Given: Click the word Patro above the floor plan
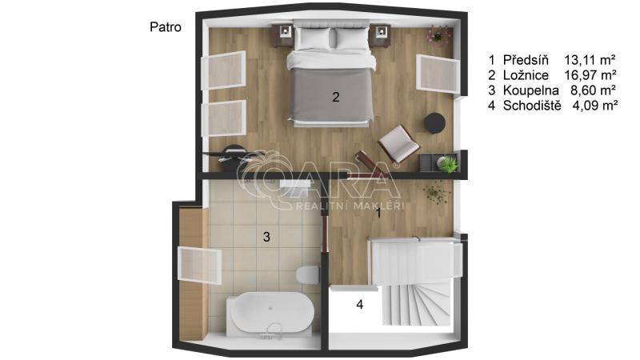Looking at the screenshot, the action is [166, 27].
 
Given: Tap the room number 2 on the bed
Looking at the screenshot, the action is [335, 97].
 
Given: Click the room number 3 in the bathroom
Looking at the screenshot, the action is [266, 237].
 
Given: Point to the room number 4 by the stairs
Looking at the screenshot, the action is [359, 305].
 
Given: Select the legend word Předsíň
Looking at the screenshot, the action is [526, 60].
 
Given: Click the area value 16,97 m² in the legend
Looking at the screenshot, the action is [590, 75].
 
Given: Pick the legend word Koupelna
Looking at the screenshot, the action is [530, 90].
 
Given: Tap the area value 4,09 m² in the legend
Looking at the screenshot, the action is [594, 106].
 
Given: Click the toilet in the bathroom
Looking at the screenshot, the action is [308, 274].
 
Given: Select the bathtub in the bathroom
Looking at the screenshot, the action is [270, 314].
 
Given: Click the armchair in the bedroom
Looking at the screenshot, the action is [398, 143].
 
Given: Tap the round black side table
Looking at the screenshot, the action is [434, 123].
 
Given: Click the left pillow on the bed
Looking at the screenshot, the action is [313, 38].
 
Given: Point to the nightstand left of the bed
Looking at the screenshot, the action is [283, 35].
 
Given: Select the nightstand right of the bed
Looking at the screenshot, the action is [380, 35].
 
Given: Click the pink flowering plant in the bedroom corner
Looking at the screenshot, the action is [438, 34].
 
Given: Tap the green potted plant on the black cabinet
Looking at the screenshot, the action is [447, 164].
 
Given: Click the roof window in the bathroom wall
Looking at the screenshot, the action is [199, 266].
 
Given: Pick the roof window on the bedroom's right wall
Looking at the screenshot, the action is [438, 74].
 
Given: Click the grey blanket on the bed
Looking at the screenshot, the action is [330, 94].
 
